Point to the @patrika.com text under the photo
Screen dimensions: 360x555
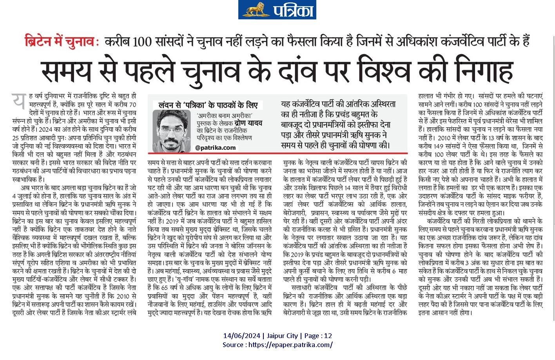click(216, 148)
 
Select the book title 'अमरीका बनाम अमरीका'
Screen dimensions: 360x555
click(225, 116)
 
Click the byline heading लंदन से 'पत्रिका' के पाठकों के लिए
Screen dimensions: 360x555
click(208, 105)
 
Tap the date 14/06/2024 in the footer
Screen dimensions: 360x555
click(242, 336)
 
